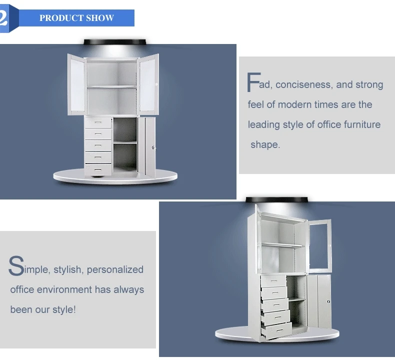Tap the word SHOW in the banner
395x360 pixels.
click(x=100, y=18)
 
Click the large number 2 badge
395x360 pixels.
click(x=3, y=18)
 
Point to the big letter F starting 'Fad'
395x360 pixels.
click(x=253, y=82)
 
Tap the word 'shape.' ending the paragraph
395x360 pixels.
click(x=265, y=144)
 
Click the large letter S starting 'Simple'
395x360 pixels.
click(x=16, y=265)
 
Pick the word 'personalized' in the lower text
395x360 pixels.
click(x=115, y=269)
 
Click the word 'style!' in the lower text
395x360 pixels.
click(x=64, y=309)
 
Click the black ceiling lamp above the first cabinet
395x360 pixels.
click(x=115, y=42)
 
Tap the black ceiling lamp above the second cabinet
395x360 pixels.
click(x=276, y=199)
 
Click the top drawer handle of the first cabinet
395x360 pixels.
click(x=98, y=122)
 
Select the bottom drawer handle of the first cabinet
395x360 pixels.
click(x=98, y=169)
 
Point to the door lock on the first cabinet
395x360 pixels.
click(x=153, y=147)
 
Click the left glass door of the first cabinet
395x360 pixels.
click(x=77, y=84)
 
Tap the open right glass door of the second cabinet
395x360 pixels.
click(x=319, y=245)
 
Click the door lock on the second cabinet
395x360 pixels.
click(x=328, y=301)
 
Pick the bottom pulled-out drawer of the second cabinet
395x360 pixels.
click(x=276, y=330)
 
